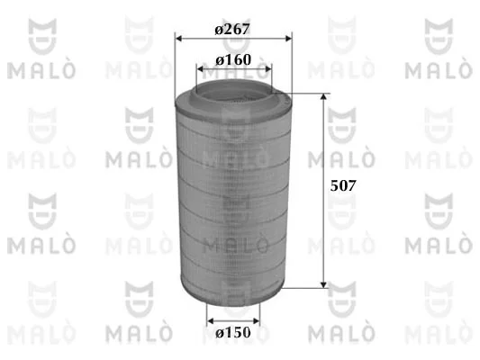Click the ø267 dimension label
[232, 30]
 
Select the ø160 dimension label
[233, 59]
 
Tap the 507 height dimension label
[343, 185]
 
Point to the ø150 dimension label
[233, 332]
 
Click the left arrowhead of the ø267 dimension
[178, 39]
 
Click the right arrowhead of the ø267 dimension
[288, 39]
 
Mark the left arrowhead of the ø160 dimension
[200, 68]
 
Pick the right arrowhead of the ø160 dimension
[267, 68]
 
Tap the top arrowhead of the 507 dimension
[323, 97]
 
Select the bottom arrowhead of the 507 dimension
[323, 284]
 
